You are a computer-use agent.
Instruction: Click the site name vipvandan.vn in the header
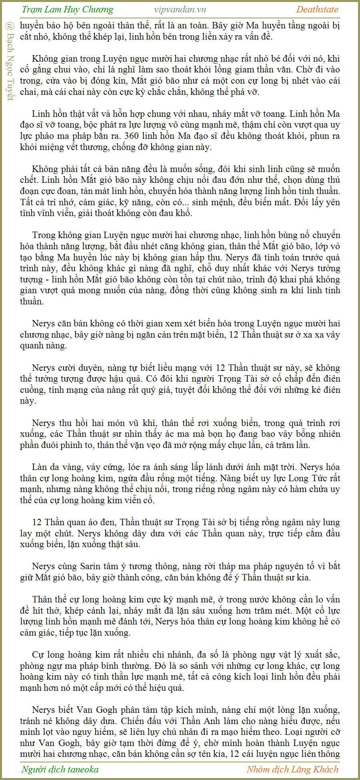tap(180, 10)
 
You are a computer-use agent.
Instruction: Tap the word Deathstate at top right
tap(317, 10)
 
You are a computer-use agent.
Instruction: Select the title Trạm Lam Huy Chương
tap(67, 10)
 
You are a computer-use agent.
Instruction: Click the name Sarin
tap(90, 566)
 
